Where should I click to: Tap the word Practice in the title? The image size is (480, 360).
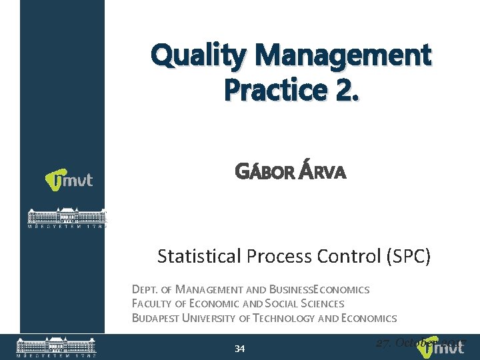click(270, 89)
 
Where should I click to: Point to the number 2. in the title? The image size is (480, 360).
click(341, 89)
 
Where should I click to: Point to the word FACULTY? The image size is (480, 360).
click(153, 304)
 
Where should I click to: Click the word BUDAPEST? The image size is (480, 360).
click(156, 318)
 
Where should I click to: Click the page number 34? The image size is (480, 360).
click(240, 349)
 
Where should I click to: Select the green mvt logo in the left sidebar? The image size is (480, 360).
click(69, 180)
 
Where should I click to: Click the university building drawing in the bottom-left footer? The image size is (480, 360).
click(56, 346)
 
